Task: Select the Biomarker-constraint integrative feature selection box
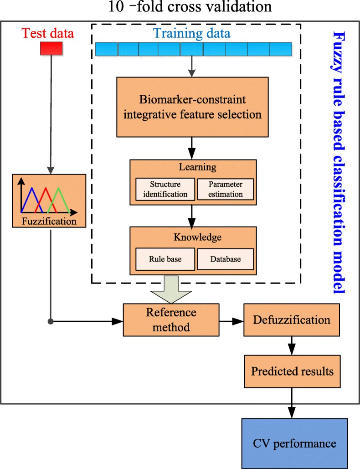pos(191,107)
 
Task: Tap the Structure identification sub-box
pos(165,189)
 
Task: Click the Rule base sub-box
pos(165,259)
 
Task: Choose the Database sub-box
pos(225,259)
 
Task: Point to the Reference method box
pos(171,320)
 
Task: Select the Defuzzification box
pos(292,320)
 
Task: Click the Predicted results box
pos(292,371)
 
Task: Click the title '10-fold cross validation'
pos(180,7)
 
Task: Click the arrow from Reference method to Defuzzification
pos(231,321)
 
